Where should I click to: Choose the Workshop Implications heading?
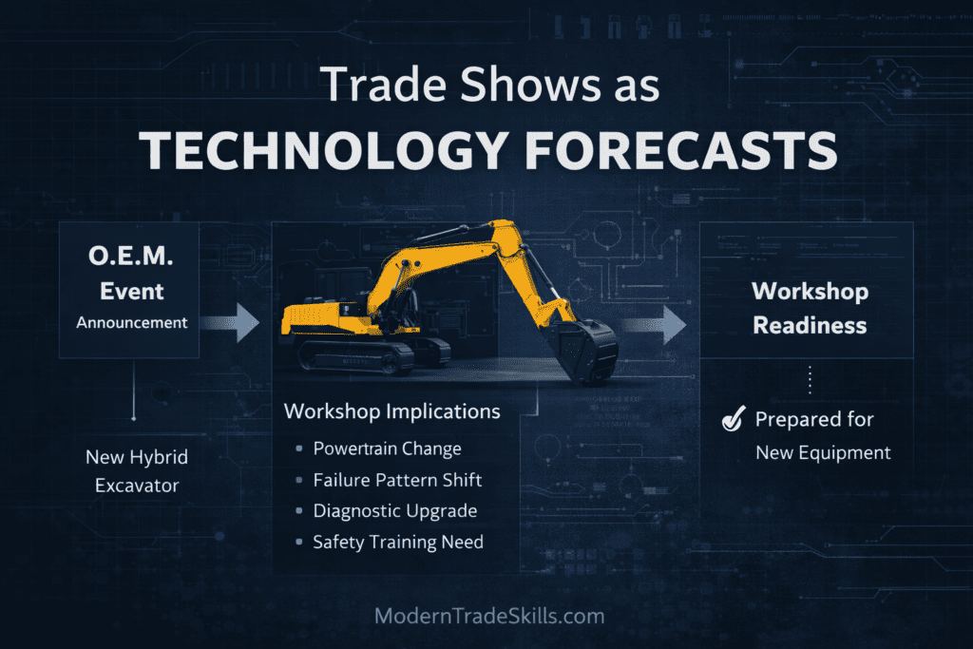(x=392, y=411)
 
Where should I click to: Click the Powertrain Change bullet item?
(x=387, y=449)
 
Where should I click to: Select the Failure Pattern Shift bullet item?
(x=398, y=480)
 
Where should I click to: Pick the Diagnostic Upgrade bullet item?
(x=394, y=511)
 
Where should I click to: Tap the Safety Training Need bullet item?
(x=398, y=542)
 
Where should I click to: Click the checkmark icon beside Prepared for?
(x=733, y=419)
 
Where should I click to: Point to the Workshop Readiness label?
(x=810, y=308)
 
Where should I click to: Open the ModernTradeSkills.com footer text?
(x=489, y=616)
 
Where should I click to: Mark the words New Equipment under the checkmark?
(x=823, y=452)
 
